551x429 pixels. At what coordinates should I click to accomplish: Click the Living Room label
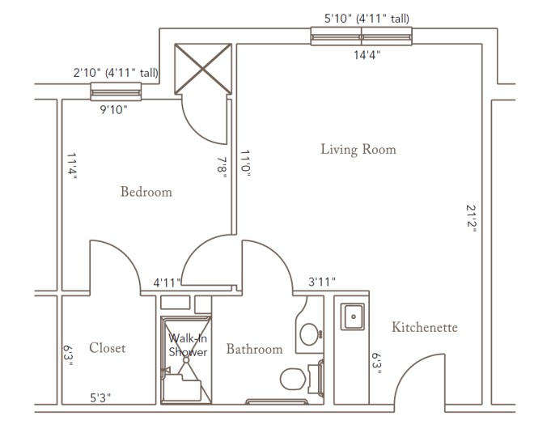[x=358, y=149]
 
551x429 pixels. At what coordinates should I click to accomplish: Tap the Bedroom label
[x=146, y=192]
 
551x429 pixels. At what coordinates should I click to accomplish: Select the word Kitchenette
[x=425, y=327]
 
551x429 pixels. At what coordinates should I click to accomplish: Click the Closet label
[x=107, y=348]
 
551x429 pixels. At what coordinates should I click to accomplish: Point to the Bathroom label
[x=254, y=349]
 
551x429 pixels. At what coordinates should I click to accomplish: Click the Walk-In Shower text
[x=188, y=345]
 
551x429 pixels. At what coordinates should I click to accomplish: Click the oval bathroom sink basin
[x=309, y=334]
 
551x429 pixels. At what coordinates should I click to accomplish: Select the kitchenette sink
[x=353, y=316]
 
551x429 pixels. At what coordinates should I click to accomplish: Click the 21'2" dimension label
[x=471, y=219]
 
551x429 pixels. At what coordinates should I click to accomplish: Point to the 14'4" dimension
[x=367, y=55]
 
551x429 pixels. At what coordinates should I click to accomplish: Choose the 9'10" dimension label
[x=113, y=110]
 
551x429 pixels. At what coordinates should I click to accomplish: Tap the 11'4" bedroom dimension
[x=72, y=166]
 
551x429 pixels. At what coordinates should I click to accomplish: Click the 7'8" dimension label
[x=222, y=167]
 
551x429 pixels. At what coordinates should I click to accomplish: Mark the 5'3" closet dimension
[x=100, y=397]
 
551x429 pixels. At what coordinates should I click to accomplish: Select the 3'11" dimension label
[x=322, y=282]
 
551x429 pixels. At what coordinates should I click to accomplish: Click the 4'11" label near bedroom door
[x=167, y=282]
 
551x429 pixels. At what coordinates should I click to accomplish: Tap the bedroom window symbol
[x=116, y=91]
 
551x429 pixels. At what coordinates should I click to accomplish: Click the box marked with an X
[x=203, y=69]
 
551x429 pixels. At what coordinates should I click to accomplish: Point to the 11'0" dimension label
[x=245, y=164]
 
